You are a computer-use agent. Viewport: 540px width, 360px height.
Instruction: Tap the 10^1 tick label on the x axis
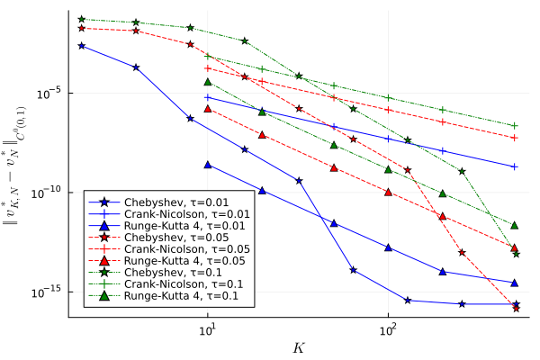208,329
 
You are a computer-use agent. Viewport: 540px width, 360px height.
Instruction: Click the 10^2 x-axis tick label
388,329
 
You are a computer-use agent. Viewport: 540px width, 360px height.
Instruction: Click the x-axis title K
299,348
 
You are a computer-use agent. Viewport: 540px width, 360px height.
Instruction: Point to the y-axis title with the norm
14,166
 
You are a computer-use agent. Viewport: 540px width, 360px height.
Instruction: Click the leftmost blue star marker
82,46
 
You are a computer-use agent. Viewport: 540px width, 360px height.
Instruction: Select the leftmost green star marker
82,19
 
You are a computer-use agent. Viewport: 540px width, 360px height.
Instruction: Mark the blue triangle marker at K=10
208,165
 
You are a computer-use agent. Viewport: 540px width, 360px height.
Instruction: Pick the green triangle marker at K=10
208,82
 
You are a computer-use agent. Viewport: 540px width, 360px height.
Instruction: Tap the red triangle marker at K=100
388,193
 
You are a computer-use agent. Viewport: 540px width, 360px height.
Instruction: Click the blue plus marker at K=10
208,97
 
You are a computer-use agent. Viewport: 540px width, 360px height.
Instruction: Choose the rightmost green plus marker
515,126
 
